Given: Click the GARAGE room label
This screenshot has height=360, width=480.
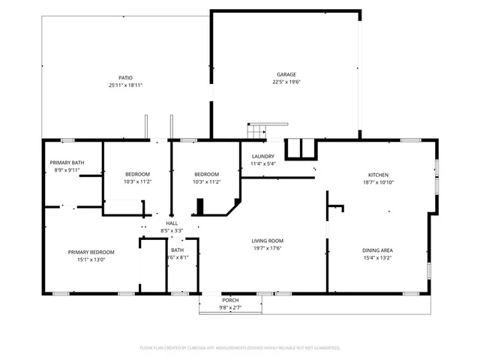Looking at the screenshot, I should tap(286, 74).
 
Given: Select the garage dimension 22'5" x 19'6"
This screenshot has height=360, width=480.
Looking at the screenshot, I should tap(286, 82).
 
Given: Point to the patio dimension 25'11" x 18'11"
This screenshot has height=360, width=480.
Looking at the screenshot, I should tap(125, 85).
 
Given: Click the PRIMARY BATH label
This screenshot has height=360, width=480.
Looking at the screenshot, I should tap(67, 163).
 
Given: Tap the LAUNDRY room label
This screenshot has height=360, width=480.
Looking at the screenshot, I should tap(263, 155).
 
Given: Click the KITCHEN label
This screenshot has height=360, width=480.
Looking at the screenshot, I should tap(378, 175).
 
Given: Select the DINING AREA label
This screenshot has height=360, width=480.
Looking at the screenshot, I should tap(378, 250).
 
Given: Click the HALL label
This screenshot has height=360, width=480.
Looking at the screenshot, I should tap(172, 223).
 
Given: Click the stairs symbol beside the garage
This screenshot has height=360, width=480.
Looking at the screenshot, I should tap(257, 130).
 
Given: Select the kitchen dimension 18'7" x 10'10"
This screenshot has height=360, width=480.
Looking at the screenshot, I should tap(378, 182).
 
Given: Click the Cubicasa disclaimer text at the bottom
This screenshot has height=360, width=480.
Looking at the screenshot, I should tap(240, 348).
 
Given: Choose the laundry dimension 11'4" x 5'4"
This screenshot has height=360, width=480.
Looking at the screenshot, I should tap(263, 163).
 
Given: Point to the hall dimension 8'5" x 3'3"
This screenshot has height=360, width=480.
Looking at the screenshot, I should tap(172, 231).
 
